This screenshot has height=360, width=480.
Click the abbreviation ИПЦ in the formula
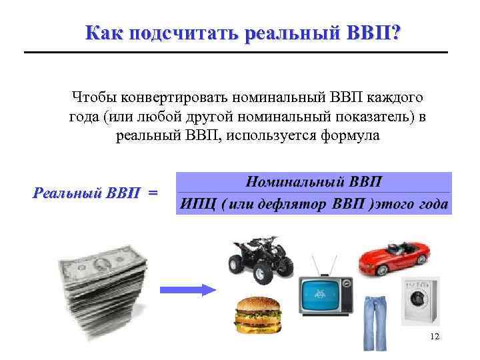(x=199, y=204)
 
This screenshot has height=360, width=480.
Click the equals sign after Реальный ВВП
(x=153, y=193)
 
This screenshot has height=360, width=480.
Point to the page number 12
(x=435, y=337)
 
